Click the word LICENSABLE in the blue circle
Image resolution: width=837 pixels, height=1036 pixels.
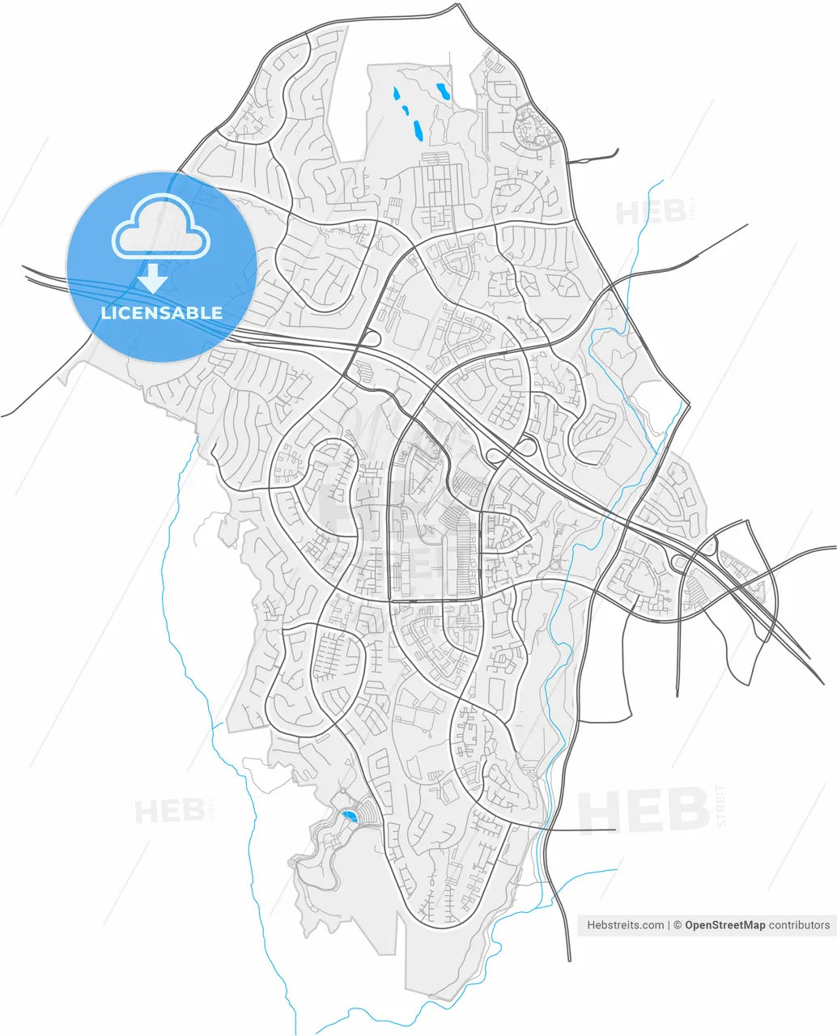click(x=161, y=313)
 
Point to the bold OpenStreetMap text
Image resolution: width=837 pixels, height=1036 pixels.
click(x=724, y=925)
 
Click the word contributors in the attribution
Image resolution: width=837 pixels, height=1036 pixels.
click(x=799, y=925)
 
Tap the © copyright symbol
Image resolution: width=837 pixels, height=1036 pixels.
click(x=678, y=925)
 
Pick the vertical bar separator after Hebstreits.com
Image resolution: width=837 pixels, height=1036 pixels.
click(x=669, y=925)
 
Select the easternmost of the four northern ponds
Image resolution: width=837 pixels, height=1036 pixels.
click(x=442, y=91)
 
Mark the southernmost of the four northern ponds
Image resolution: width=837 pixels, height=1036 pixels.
click(x=417, y=130)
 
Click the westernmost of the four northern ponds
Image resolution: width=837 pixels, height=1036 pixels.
click(x=396, y=93)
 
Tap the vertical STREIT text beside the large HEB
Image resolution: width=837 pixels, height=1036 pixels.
click(x=721, y=806)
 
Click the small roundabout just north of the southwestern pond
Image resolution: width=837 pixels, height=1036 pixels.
click(x=343, y=790)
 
